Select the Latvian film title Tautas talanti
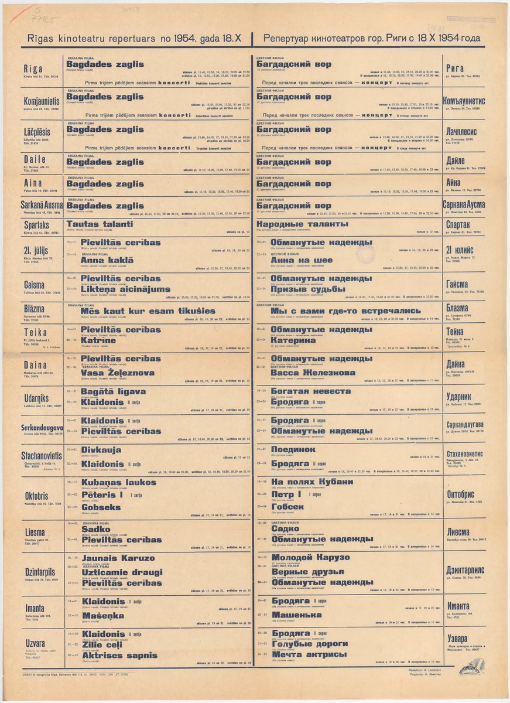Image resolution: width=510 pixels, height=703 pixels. click(100, 224)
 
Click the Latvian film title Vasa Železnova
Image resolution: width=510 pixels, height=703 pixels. click(117, 373)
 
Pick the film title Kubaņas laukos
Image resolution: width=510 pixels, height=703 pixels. click(118, 482)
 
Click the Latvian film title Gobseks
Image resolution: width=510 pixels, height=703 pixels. click(101, 507)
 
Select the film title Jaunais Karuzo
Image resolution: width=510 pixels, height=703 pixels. click(118, 558)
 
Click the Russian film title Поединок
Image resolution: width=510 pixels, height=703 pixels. click(293, 449)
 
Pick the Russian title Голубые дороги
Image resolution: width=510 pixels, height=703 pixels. click(310, 643)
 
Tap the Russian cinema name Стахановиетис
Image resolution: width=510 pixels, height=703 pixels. click(465, 453)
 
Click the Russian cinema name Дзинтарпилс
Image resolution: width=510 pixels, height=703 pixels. click(465, 570)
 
